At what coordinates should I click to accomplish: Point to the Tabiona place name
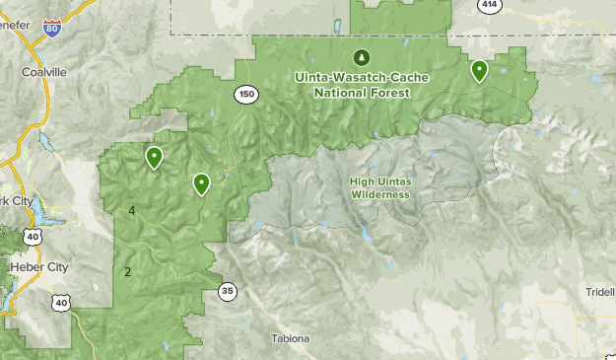pos(291,339)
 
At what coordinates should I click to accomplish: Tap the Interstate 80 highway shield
pos(51,31)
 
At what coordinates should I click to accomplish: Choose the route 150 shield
pos(246,95)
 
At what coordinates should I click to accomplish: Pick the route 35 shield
pos(228,291)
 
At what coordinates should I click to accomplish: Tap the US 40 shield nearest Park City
pos(34,237)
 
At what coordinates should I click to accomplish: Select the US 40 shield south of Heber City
pos(62,303)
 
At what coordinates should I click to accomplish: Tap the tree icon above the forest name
pos(361,56)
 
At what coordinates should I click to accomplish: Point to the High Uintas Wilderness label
pos(379,187)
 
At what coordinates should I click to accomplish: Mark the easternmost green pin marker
pos(479,70)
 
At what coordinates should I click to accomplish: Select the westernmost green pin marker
pos(154,157)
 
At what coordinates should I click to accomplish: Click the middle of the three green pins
pos(201,182)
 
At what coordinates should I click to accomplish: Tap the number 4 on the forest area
pos(131,211)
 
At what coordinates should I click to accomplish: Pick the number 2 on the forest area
pos(127,271)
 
